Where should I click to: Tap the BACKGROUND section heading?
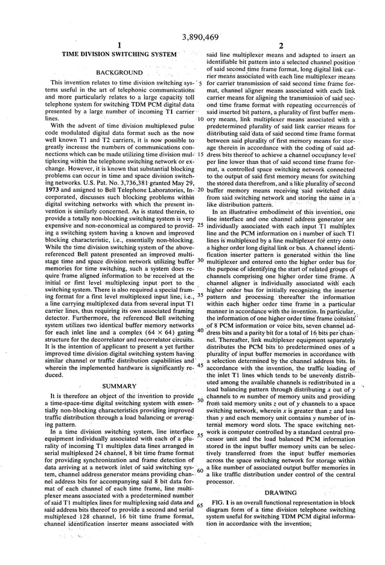(x=119, y=72)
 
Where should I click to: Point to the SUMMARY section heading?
(x=119, y=385)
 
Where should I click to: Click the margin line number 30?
(x=200, y=260)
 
